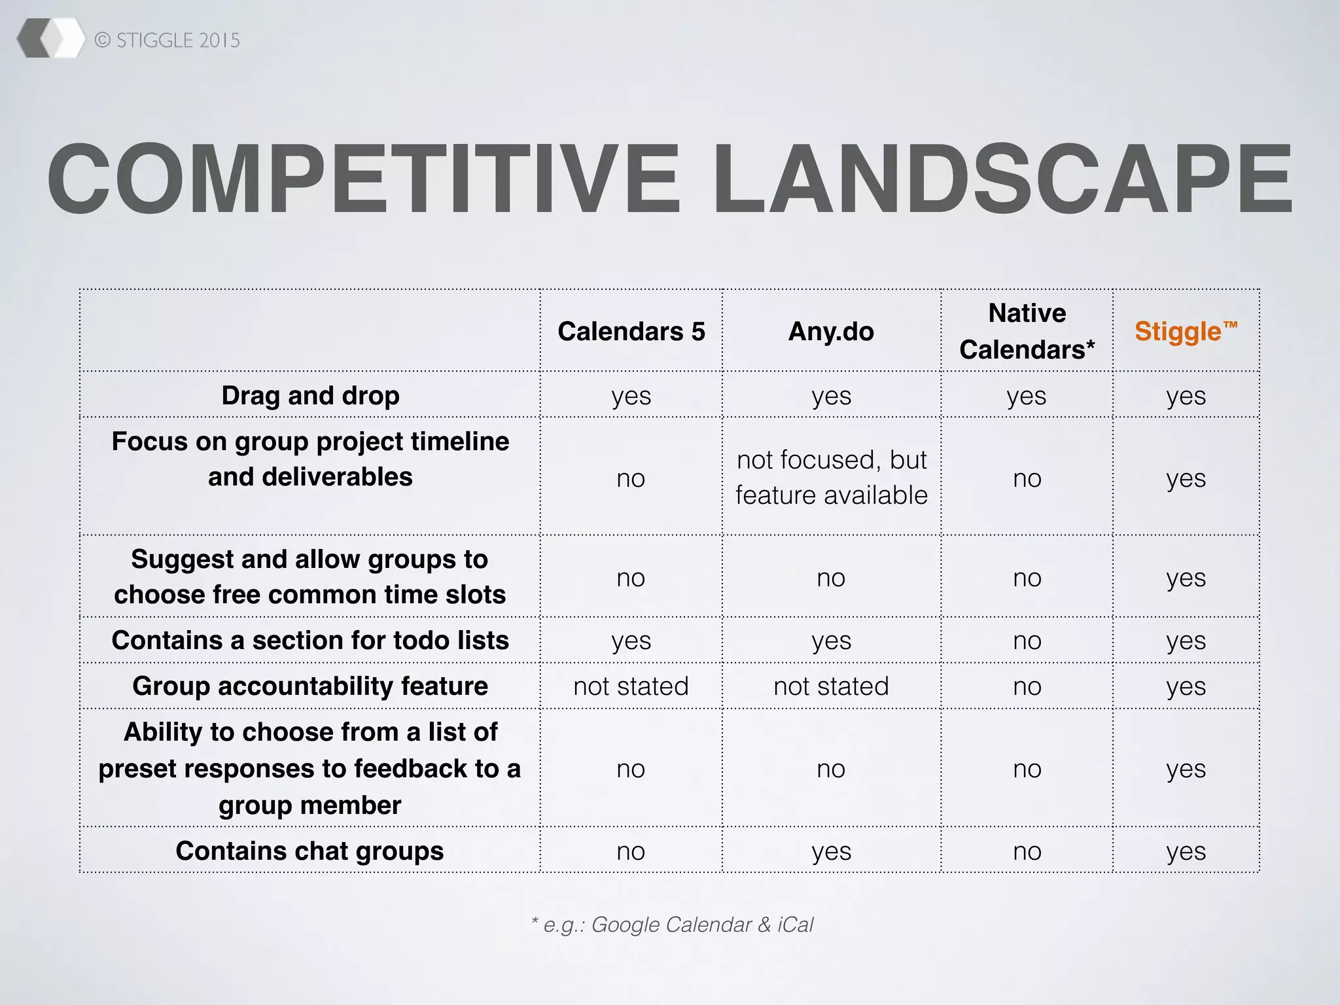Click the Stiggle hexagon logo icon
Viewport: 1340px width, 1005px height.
(x=51, y=39)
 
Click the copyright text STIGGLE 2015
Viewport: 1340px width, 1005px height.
(x=167, y=41)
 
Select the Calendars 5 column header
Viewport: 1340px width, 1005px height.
(x=631, y=331)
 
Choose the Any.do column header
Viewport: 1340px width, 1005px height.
(x=831, y=331)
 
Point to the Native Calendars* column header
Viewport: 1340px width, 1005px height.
(x=1027, y=331)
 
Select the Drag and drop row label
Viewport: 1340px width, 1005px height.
(x=310, y=395)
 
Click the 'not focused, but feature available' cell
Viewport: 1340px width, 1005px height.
(x=832, y=478)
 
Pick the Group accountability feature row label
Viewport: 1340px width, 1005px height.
(x=310, y=686)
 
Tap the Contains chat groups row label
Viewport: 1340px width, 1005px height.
(x=310, y=851)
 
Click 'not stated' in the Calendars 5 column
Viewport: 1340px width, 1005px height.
(x=631, y=686)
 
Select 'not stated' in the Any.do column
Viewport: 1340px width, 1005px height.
(x=831, y=686)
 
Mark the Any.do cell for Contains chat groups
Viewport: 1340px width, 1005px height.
(x=831, y=851)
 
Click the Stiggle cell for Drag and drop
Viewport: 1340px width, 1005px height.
(x=1186, y=396)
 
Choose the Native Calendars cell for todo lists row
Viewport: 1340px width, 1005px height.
(x=1027, y=641)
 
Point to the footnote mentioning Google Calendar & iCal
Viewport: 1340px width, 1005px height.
(x=673, y=925)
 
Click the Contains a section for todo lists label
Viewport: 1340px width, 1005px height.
(x=310, y=640)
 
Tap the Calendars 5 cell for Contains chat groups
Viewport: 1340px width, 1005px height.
(x=631, y=851)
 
